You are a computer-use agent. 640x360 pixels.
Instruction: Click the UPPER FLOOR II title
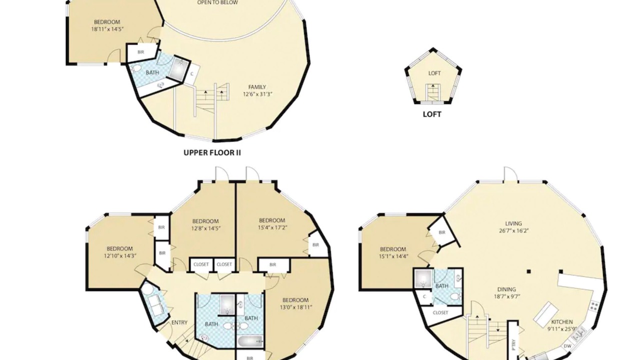click(212, 152)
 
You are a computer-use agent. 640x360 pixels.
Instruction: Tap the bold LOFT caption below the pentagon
click(432, 114)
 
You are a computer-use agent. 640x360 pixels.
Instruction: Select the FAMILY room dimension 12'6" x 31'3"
click(257, 94)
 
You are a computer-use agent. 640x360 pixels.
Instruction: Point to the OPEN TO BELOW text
click(217, 2)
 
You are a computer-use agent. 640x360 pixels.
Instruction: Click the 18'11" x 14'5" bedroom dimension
click(107, 29)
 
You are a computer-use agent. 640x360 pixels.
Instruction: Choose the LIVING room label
click(513, 223)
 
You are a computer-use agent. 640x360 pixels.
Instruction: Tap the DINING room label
click(506, 289)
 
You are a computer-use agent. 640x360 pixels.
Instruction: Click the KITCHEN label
click(562, 321)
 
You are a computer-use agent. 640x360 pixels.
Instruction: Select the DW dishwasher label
click(567, 346)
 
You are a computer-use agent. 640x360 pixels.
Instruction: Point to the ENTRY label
click(179, 322)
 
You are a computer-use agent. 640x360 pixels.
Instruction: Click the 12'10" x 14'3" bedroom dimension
click(119, 255)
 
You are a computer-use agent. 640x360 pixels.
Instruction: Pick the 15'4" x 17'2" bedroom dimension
click(272, 227)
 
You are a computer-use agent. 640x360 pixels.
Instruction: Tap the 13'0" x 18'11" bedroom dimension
click(295, 307)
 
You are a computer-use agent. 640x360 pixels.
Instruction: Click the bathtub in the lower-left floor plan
click(250, 341)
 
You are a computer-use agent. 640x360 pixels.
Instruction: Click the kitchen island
click(545, 314)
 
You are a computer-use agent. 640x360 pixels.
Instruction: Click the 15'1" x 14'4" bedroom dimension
click(393, 256)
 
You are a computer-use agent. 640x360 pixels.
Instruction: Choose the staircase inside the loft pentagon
click(433, 92)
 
